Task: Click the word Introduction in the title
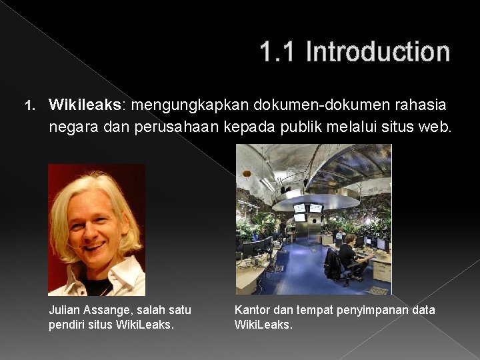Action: click(x=377, y=51)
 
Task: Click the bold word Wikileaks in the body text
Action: click(x=85, y=105)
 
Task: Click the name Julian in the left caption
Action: click(x=65, y=310)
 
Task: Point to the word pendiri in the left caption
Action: click(x=66, y=325)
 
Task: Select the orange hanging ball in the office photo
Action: click(x=247, y=173)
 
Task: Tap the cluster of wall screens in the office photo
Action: click(x=307, y=211)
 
